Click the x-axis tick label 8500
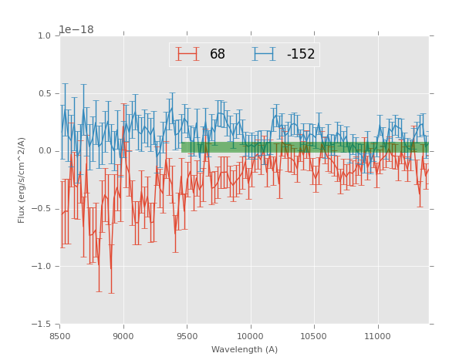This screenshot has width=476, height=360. pos(60,337)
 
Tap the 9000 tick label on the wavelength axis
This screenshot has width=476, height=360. pos(123,337)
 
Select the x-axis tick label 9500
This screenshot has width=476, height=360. pos(187,337)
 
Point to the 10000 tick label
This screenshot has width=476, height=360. pos(250,337)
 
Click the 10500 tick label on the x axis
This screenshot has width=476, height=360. pos(313,337)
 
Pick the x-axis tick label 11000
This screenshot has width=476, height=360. pos(377,337)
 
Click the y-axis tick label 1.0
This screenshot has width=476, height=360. pos(44,36)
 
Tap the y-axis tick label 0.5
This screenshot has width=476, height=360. pos(44,94)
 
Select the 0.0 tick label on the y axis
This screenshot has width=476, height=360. pos(44,151)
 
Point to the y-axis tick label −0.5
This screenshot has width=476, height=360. pos(42,209)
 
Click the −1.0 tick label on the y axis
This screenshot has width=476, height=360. pos(42,267)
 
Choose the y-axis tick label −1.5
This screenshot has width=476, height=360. pos(42,325)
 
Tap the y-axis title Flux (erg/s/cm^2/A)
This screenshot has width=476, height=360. pos(22,180)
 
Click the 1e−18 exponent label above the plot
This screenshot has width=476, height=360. pos(76,30)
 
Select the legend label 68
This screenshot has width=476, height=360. pos(218,55)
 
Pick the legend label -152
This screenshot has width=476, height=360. pos(301,55)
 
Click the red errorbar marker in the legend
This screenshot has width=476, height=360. pos(187,54)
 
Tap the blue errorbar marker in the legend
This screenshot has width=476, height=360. pos(264,54)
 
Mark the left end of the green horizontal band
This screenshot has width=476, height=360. pos(183,146)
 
